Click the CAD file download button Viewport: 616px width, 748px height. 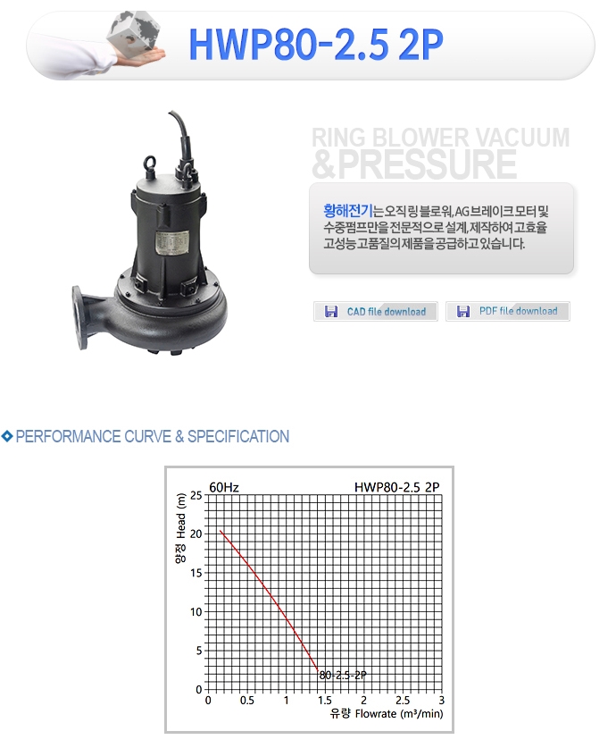376,312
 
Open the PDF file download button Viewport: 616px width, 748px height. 508,311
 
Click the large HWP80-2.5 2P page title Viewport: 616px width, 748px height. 316,45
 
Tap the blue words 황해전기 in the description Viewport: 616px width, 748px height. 348,210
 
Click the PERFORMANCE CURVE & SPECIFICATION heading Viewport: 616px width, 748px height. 153,436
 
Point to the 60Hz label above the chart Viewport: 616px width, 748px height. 224,487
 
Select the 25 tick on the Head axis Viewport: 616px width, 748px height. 196,495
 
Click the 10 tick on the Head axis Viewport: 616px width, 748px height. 196,611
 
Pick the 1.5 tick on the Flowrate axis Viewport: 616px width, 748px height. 325,701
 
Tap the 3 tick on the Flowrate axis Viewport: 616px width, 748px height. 442,701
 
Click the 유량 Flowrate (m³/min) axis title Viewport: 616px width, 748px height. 387,714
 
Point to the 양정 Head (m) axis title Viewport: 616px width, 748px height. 180,528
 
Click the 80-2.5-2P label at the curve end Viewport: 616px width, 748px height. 343,675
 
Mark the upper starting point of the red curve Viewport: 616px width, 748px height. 221,531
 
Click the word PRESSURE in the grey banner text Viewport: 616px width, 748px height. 427,164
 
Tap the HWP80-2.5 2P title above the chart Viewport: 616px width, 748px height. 397,487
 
